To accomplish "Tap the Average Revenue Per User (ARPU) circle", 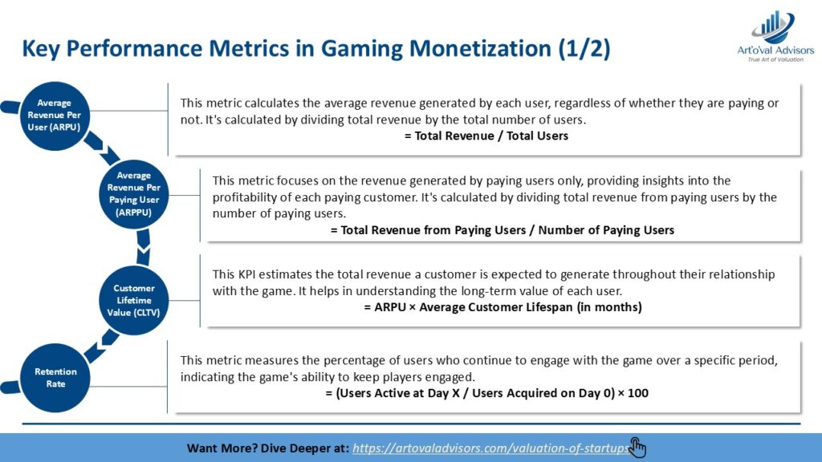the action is tap(55, 115).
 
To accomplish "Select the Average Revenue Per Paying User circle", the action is tap(134, 194).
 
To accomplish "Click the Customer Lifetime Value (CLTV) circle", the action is tap(134, 300).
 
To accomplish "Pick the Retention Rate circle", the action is tap(55, 378).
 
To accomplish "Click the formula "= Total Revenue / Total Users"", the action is tap(486, 136).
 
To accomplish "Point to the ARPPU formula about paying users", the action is tap(503, 230).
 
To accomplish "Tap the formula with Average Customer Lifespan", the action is tap(503, 307).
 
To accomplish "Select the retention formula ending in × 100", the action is tap(486, 393).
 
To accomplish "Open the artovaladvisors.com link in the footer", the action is tap(490, 448).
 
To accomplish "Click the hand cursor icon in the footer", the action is tap(637, 448).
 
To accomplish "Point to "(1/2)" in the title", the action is tap(584, 49).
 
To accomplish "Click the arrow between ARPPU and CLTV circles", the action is tap(143, 247).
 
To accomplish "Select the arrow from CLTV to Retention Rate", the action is tap(101, 346).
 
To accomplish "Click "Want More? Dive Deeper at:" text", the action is tap(267, 448).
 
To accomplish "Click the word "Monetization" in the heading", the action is tap(480, 49).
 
